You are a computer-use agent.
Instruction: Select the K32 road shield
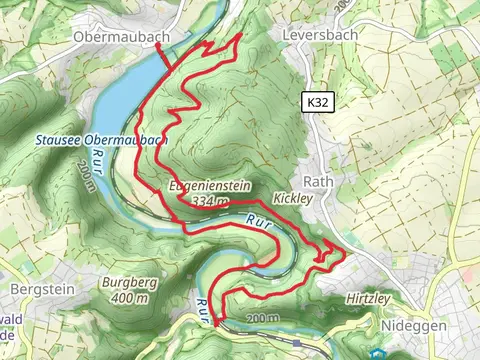coord(317,102)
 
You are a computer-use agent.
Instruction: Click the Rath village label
coord(317,182)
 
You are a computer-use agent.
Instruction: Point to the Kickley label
coord(292,199)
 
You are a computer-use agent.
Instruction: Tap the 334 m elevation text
coord(209,202)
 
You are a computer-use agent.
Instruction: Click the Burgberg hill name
coord(129,283)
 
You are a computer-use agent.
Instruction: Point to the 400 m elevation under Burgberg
coord(129,298)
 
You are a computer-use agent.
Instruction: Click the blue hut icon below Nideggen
coord(377,353)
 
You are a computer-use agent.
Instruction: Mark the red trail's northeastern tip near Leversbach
coord(242,35)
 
